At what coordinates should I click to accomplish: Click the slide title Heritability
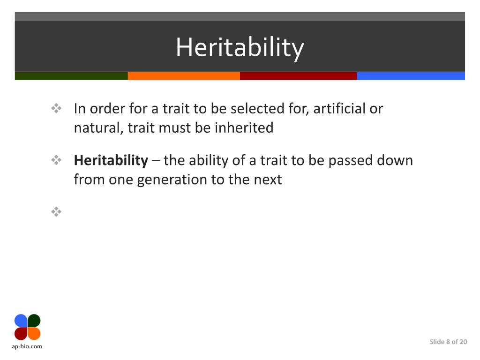point(240,48)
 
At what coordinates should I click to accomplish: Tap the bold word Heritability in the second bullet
point(111,160)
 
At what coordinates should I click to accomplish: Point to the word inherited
point(244,128)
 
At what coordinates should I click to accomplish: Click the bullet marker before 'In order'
point(56,109)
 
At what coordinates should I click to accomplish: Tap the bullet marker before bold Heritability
point(56,161)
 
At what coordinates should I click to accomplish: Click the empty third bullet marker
point(56,212)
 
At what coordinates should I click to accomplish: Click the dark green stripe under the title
point(71,76)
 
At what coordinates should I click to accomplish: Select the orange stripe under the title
point(184,76)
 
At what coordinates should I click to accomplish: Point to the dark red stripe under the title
point(298,76)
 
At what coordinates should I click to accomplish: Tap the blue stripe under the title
point(411,76)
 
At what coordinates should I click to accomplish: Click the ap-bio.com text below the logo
point(27,346)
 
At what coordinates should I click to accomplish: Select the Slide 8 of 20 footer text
point(448,342)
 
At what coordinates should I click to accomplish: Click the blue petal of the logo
point(21,321)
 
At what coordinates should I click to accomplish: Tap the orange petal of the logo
point(34,333)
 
